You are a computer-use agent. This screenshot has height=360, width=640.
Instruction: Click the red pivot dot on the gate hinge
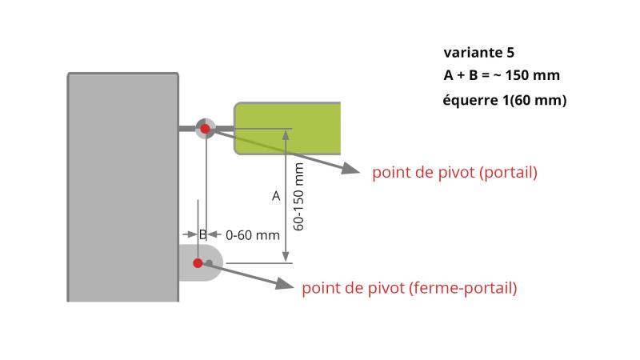tap(206, 128)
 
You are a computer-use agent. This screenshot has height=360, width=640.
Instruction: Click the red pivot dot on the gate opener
tap(198, 262)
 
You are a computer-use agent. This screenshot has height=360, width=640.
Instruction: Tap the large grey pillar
tap(122, 188)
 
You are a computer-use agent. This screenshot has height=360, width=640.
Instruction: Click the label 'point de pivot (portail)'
tap(454, 173)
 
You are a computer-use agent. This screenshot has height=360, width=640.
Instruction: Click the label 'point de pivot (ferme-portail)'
tap(409, 288)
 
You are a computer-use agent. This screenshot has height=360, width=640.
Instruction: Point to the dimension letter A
tap(276, 195)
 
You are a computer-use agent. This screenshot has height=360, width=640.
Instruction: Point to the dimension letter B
tap(202, 234)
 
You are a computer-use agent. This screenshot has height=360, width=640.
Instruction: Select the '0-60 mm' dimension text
tap(253, 235)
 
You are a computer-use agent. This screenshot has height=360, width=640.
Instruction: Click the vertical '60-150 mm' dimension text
tap(298, 197)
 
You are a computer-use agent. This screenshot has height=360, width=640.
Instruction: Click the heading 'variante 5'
tap(479, 53)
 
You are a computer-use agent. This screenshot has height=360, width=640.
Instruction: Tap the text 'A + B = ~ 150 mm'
tap(501, 76)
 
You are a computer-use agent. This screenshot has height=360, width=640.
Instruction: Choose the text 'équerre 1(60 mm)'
tap(504, 101)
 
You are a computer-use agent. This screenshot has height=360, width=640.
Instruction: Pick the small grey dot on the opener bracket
tap(209, 262)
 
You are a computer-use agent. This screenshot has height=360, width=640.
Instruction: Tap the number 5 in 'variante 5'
tap(510, 53)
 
